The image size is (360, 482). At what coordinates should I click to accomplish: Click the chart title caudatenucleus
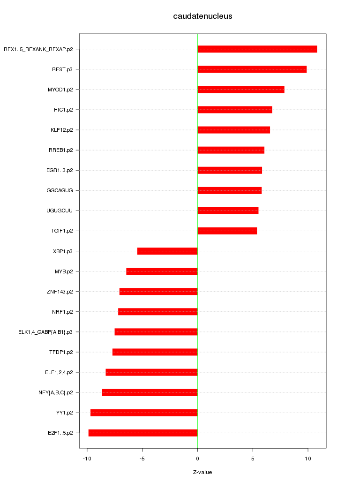click(x=202, y=16)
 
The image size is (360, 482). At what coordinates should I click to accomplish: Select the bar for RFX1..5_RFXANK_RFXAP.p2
click(x=257, y=49)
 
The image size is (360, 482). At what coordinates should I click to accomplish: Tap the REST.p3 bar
click(x=252, y=69)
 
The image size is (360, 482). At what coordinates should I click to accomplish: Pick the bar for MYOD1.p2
click(x=240, y=90)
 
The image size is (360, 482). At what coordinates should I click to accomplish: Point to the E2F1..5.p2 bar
click(x=143, y=433)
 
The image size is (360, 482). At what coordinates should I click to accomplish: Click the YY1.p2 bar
click(x=144, y=413)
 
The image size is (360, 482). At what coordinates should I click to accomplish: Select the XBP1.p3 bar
click(x=167, y=251)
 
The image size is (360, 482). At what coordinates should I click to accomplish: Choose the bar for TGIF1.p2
click(x=227, y=231)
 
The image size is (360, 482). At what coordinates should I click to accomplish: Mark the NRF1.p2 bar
click(x=157, y=312)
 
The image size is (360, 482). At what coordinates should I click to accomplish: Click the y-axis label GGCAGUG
click(x=63, y=190)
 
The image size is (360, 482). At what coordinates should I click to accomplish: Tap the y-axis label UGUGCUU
click(x=63, y=211)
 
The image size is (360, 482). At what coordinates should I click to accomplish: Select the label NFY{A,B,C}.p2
click(x=56, y=392)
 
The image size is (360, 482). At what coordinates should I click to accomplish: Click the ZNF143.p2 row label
click(x=60, y=292)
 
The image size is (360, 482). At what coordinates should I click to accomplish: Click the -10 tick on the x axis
click(x=87, y=458)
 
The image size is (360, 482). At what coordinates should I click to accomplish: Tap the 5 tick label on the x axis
click(x=253, y=458)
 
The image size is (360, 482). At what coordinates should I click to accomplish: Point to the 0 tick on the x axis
click(x=197, y=458)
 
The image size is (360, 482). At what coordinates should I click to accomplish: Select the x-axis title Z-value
click(x=202, y=472)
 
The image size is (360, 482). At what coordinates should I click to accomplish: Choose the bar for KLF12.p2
click(x=233, y=130)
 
